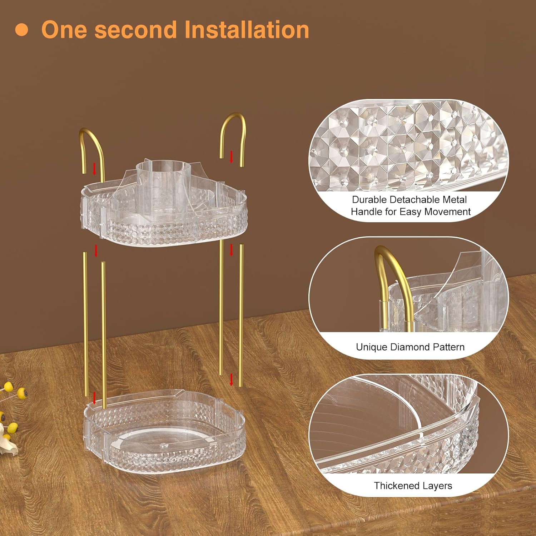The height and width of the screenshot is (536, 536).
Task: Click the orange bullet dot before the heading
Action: (x=22, y=30)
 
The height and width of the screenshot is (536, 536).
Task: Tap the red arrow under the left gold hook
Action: (x=94, y=168)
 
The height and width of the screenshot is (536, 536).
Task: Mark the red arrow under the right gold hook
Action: (x=231, y=157)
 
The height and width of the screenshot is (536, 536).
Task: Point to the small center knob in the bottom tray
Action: (x=164, y=445)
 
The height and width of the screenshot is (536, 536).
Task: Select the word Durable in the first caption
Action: (x=369, y=199)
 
